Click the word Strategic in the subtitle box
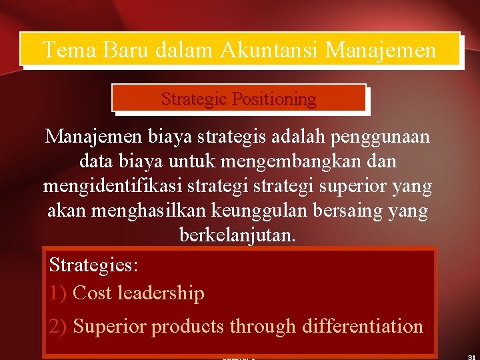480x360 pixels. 193,99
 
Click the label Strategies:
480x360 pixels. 94,265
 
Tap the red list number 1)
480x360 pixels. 59,293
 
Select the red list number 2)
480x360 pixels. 59,326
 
